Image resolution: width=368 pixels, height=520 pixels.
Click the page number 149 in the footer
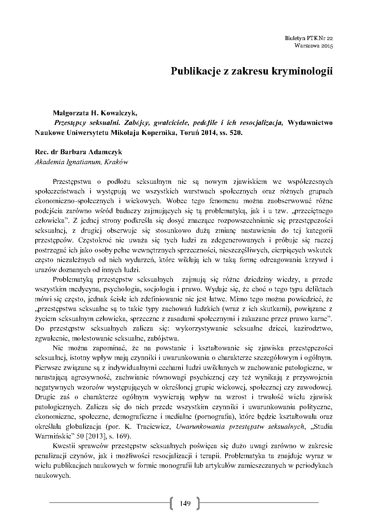pyautogui.click(x=184, y=503)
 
